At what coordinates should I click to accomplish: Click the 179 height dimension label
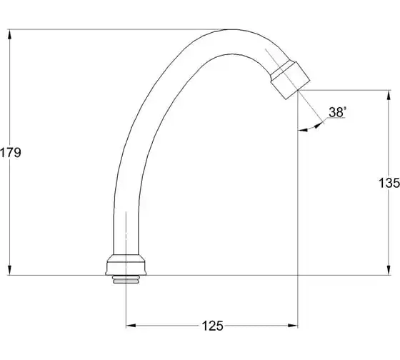(x=11, y=153)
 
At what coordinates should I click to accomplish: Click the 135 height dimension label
(x=389, y=183)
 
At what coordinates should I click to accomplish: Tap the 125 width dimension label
(x=213, y=326)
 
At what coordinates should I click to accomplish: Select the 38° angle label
(x=337, y=112)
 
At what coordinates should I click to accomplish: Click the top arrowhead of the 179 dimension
(x=10, y=34)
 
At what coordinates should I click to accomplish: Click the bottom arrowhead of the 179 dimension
(x=10, y=270)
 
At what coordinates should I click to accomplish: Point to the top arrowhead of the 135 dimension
(x=389, y=95)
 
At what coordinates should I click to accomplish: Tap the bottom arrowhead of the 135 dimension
(x=389, y=270)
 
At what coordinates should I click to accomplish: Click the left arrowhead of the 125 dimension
(x=131, y=326)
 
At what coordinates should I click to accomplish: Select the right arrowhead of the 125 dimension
(x=293, y=326)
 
